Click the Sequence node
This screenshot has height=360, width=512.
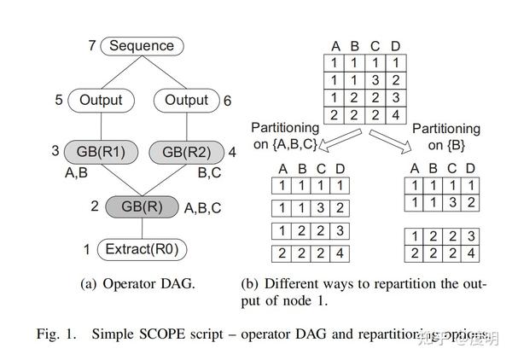tap(142, 46)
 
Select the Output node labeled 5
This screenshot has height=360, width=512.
tap(102, 100)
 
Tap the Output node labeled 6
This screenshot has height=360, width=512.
tap(186, 100)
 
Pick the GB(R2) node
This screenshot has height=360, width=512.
tap(186, 152)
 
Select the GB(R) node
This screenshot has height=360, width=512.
tap(142, 206)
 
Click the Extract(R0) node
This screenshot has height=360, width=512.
tap(142, 250)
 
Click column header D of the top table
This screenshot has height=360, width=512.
tap(394, 46)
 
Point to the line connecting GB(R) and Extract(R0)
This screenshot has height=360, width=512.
tap(142, 229)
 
